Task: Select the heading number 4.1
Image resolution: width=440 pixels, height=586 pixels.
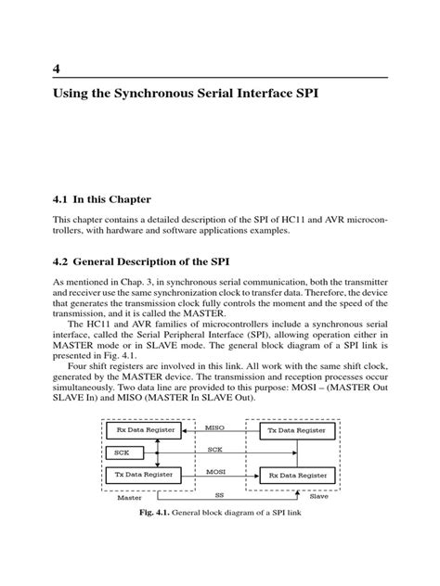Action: tap(60, 199)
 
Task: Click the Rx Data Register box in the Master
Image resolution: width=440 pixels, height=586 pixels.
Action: tap(141, 431)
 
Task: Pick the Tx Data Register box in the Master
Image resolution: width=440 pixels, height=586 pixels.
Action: tap(141, 474)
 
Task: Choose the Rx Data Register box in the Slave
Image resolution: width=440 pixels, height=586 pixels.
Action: tap(294, 474)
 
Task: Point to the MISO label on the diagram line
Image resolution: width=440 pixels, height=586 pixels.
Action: tap(215, 427)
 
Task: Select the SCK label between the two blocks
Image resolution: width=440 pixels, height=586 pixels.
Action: tap(215, 449)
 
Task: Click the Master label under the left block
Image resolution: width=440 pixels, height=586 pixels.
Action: tap(129, 496)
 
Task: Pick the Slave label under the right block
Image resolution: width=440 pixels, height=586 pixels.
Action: tap(318, 496)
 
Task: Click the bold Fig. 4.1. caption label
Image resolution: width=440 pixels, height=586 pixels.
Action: tap(158, 512)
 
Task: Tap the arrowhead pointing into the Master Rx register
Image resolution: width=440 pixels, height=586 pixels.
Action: tap(184, 432)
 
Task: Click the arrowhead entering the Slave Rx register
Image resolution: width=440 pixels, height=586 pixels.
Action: tap(255, 475)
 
